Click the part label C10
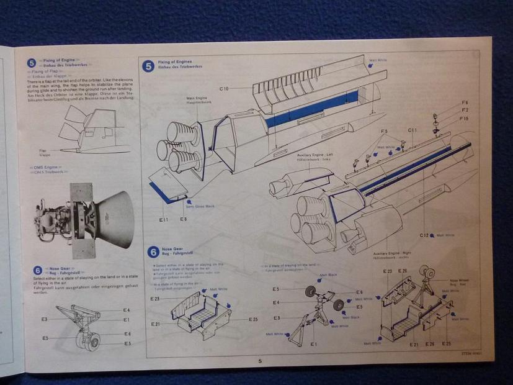pyautogui.click(x=224, y=89)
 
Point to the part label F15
pyautogui.click(x=465, y=118)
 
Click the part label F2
pyautogui.click(x=465, y=110)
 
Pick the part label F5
pyautogui.click(x=384, y=131)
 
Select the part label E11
pyautogui.click(x=164, y=219)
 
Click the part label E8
pyautogui.click(x=183, y=219)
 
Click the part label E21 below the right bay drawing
pyautogui.click(x=413, y=343)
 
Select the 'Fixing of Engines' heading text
pyautogui.click(x=174, y=63)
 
